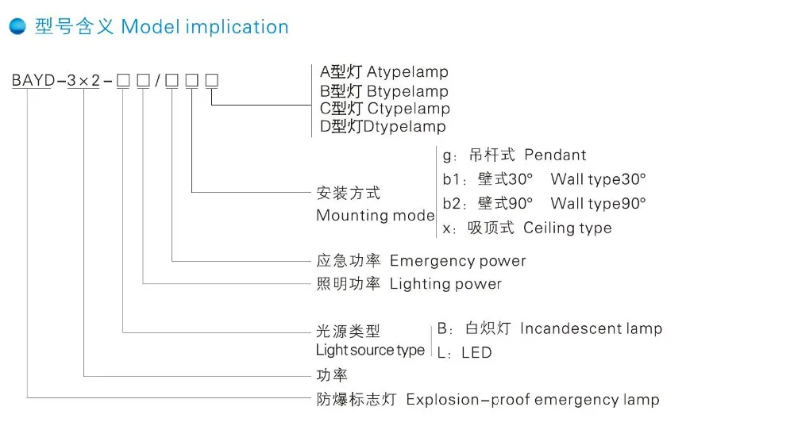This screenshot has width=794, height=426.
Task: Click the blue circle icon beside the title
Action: [x=17, y=26]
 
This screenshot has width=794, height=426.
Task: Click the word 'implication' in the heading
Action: [x=237, y=27]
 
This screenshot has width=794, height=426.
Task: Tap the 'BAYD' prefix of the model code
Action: [x=30, y=80]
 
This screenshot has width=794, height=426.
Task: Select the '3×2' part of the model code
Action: [x=83, y=80]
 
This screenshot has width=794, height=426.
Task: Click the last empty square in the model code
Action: [x=212, y=80]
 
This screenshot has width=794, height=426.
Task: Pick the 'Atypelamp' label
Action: [x=407, y=73]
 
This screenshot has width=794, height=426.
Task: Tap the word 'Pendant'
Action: [x=555, y=155]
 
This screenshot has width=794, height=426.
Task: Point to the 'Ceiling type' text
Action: [x=568, y=228]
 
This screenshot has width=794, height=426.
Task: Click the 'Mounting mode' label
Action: [x=375, y=215]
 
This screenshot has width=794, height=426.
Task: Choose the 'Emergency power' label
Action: [x=457, y=261]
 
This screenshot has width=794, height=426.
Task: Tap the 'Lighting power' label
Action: [x=445, y=283]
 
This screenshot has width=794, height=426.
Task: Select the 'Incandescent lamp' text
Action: [x=591, y=328]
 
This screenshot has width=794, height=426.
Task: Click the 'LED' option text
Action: [x=476, y=352]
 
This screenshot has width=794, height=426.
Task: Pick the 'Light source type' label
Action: [x=370, y=350]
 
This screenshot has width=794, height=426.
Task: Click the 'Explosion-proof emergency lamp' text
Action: [x=533, y=399]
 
